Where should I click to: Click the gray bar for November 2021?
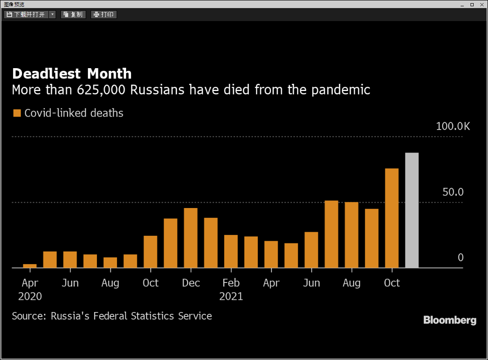412,210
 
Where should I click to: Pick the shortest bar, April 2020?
30,266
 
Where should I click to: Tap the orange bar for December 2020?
191,238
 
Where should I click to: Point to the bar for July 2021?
331,234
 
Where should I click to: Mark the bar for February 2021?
231,251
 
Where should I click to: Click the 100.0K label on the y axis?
453,126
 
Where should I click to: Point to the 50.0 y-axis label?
453,192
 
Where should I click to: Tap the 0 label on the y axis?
460,258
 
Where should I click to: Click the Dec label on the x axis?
191,283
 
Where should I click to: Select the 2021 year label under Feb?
231,296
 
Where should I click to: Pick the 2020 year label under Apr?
30,296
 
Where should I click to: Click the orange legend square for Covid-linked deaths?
17,113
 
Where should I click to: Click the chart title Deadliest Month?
72,74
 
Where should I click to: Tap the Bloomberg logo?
449,320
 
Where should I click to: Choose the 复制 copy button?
73,14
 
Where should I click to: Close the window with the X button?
482,4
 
